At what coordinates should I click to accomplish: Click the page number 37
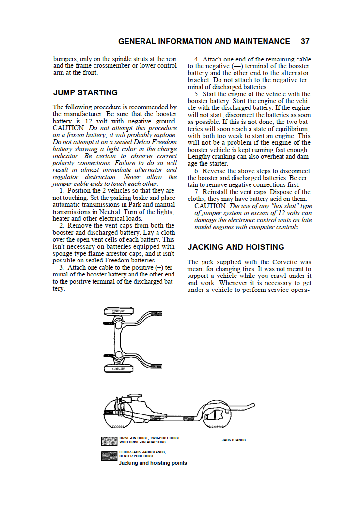click(x=305, y=42)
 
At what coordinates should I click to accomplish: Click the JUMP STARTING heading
click(x=85, y=92)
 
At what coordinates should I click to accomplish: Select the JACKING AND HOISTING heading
click(x=236, y=247)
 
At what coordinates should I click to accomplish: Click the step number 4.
click(x=196, y=59)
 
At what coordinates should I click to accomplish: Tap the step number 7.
click(x=196, y=192)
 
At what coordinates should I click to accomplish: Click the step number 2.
click(x=62, y=226)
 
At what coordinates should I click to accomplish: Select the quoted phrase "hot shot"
click(x=285, y=206)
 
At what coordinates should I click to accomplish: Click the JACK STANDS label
click(x=234, y=440)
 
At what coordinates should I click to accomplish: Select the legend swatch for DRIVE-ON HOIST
click(x=109, y=441)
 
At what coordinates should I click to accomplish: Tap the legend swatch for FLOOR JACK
click(x=109, y=456)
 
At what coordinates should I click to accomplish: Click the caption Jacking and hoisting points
click(x=153, y=463)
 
